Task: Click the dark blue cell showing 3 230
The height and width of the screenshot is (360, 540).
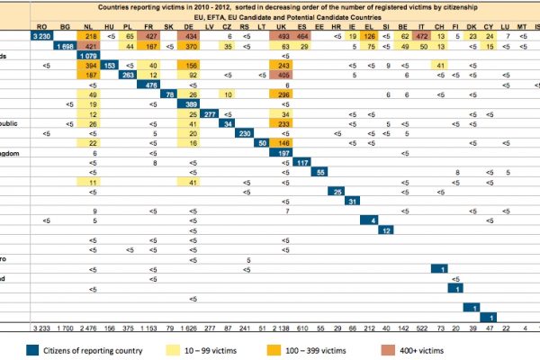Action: click(40, 35)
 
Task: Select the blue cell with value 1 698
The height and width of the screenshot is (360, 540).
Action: click(67, 45)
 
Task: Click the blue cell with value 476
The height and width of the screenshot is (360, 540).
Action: click(152, 85)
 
